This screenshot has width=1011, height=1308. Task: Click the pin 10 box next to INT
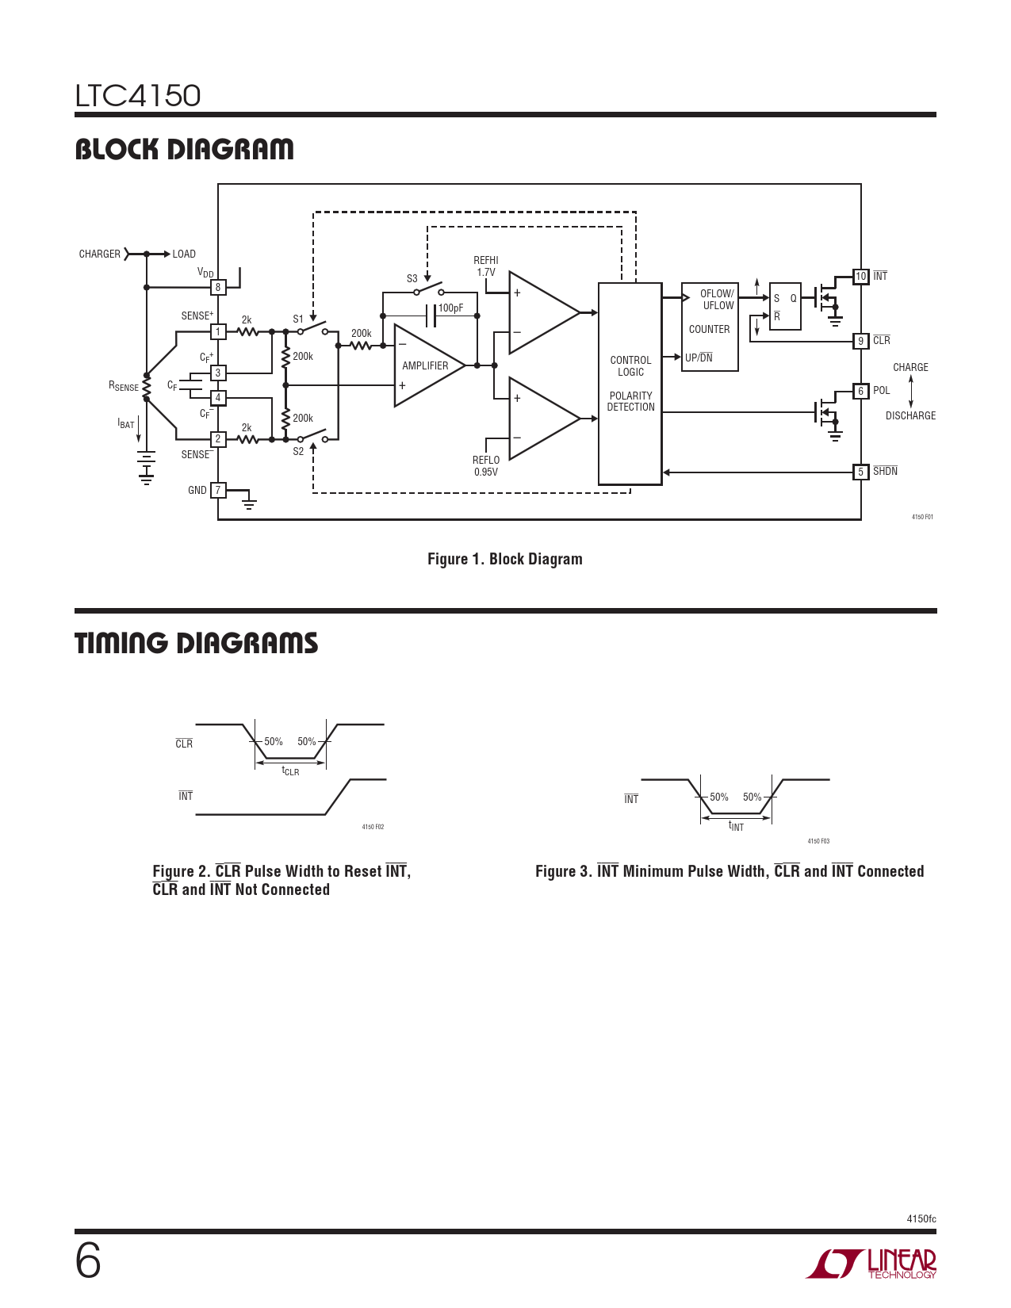860,277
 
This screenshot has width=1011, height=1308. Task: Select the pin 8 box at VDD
218,287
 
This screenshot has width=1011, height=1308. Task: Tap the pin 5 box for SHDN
860,472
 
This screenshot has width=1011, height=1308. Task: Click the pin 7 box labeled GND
218,491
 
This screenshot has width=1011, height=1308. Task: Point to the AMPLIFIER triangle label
425,365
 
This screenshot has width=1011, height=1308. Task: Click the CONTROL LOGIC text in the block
630,365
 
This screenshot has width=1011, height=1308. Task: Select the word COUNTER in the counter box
709,329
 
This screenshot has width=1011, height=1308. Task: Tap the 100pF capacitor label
450,308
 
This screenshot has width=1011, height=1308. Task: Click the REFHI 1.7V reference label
486,266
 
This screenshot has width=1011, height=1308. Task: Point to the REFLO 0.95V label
486,466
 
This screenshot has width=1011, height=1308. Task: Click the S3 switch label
412,278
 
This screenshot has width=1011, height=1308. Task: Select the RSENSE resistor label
124,387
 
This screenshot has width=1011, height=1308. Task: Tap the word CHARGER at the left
100,254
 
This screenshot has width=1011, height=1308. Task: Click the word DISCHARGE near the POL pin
910,415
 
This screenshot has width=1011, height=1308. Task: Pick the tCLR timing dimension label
290,771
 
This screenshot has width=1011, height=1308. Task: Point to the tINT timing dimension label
736,826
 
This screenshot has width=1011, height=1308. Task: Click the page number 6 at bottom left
88,1260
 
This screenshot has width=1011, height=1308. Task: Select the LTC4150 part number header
138,96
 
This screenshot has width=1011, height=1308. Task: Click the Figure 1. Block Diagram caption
505,559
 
